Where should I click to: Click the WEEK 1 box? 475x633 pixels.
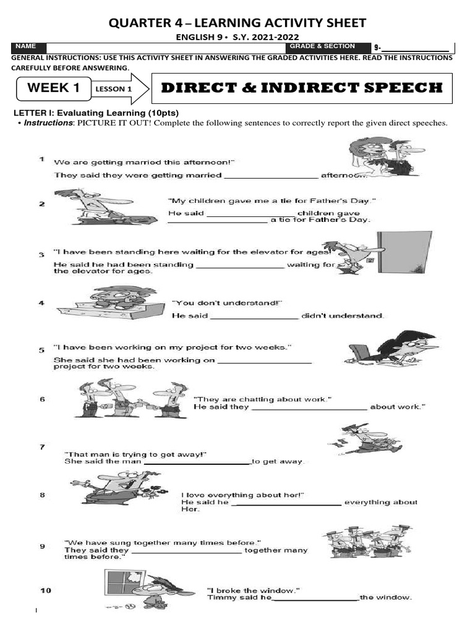(53, 88)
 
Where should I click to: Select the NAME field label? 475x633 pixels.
(27, 46)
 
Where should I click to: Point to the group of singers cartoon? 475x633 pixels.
(365, 542)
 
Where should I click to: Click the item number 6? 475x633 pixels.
(42, 399)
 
